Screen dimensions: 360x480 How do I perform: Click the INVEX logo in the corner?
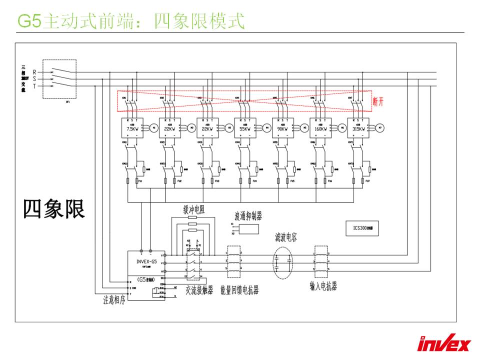pos(444,344)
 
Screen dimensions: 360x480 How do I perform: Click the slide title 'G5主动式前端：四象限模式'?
pos(131,21)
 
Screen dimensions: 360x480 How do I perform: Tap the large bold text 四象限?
pos(54,208)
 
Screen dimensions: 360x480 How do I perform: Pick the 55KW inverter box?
pos(245,127)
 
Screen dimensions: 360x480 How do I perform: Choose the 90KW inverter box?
pos(283,127)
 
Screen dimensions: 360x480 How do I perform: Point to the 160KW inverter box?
pos(320,127)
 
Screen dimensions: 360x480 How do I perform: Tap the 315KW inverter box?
pos(358,127)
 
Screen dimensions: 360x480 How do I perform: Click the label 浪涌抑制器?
pos(248,216)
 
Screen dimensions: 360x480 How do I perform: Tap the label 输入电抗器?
pos(323,285)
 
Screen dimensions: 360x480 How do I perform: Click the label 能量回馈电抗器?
pos(239,290)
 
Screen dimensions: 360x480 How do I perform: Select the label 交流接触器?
pos(199,289)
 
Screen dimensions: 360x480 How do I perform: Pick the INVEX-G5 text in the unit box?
pos(147,261)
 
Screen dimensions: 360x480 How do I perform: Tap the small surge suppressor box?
pos(248,229)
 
